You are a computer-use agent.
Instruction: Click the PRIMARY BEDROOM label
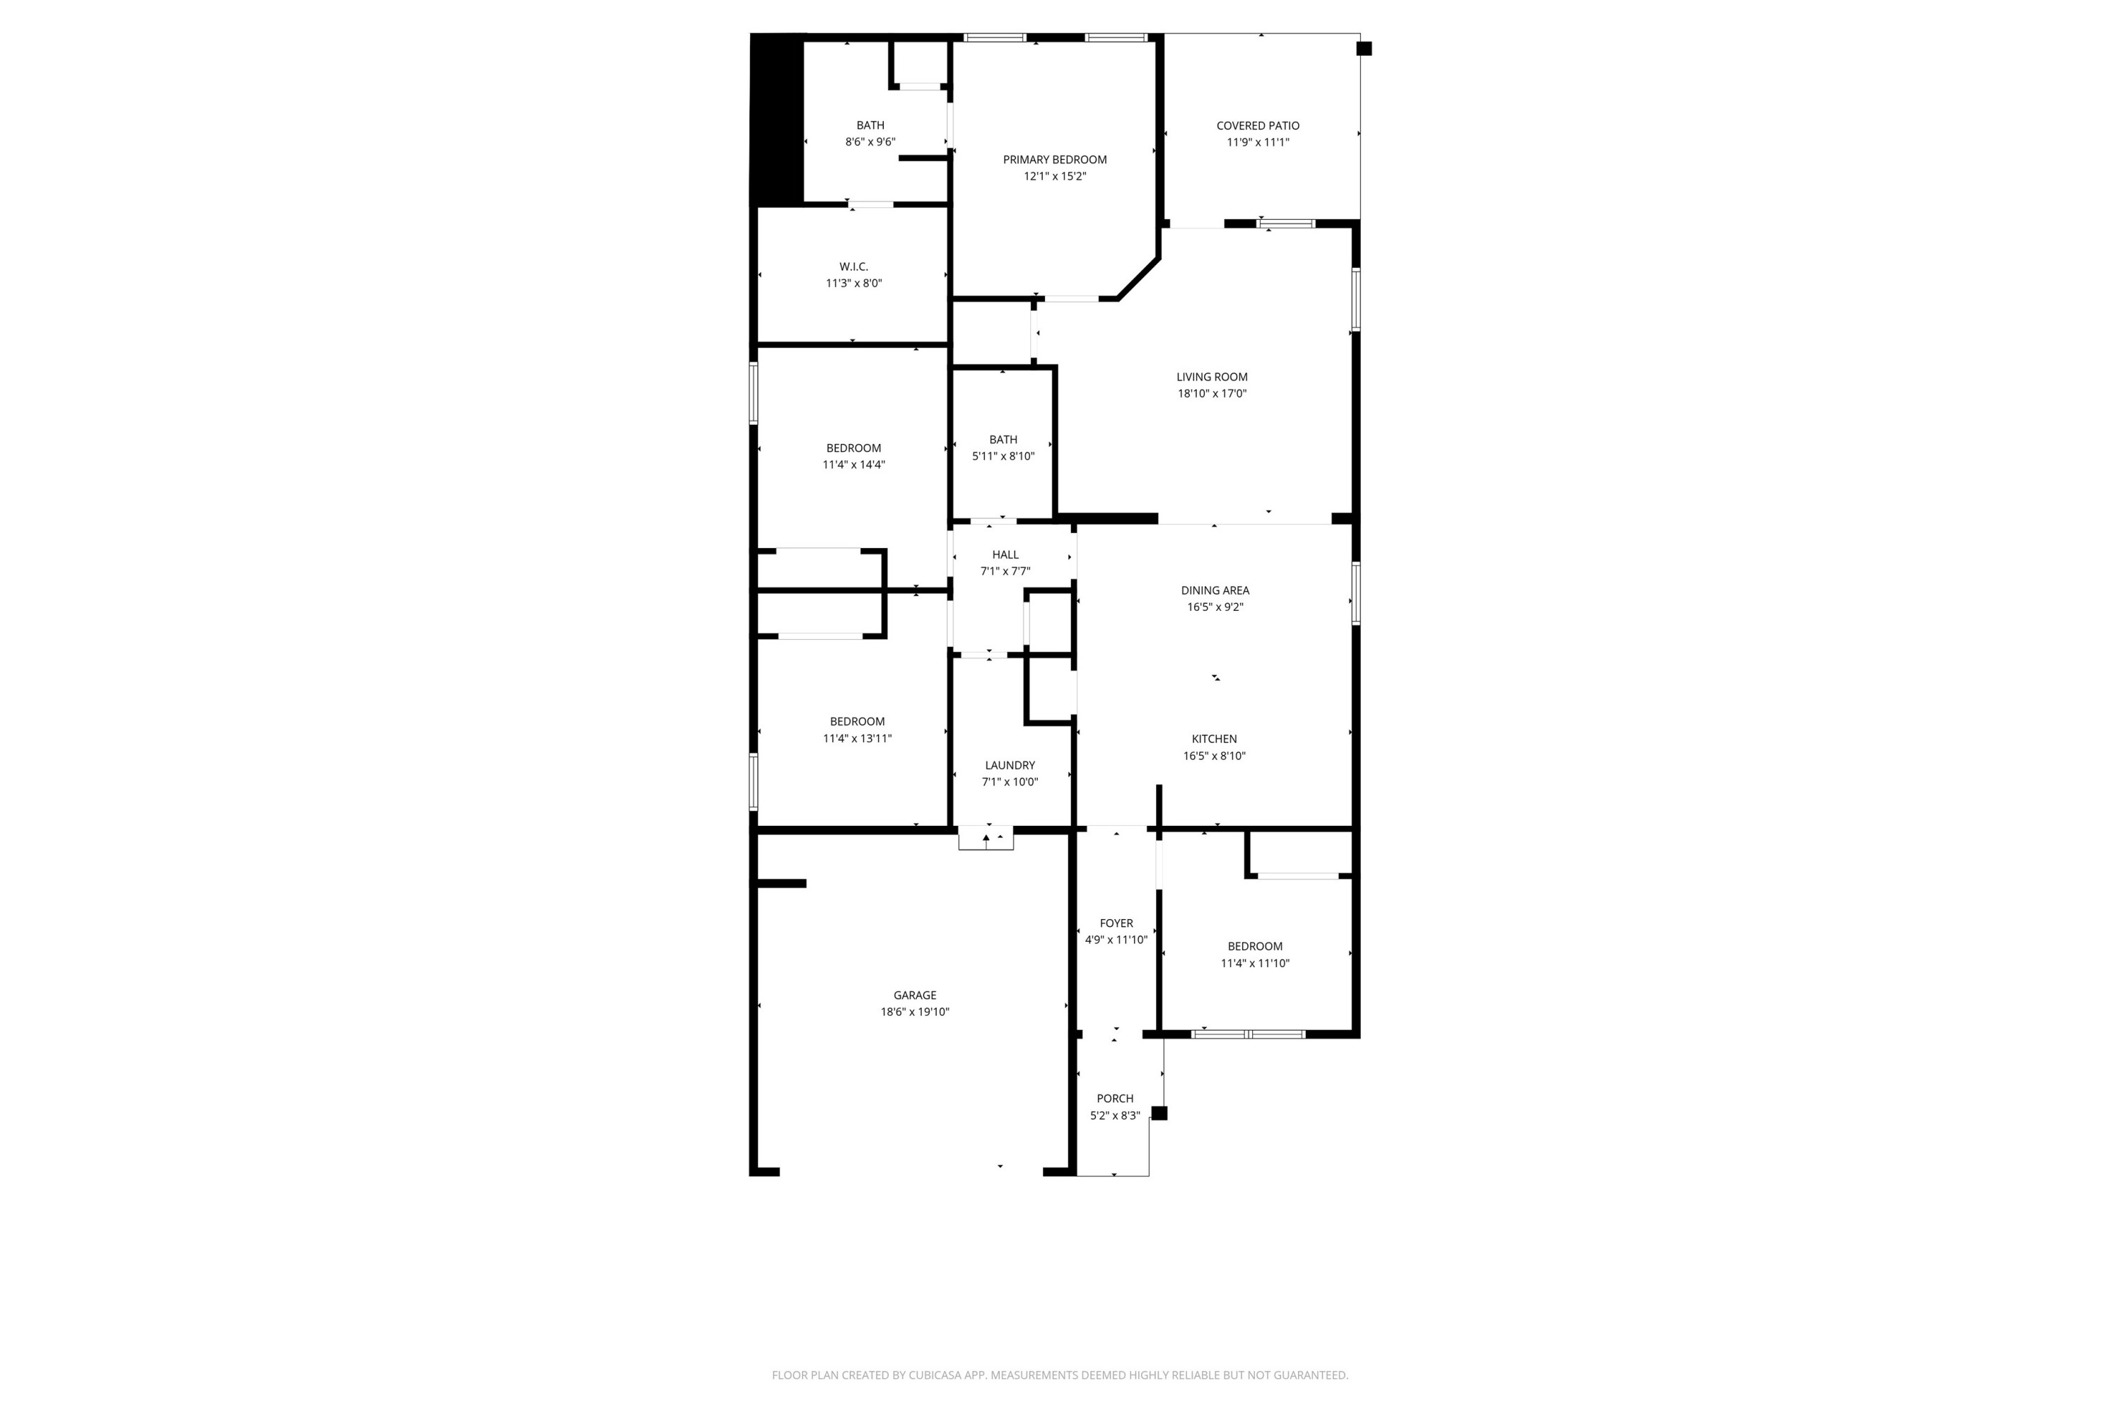tap(1054, 160)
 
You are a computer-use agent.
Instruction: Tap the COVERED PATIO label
tap(1257, 125)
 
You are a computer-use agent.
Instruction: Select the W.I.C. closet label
tap(853, 267)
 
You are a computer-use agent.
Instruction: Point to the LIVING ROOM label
tap(1211, 377)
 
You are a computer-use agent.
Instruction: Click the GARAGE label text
tap(914, 995)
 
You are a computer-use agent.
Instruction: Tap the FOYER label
tap(1116, 923)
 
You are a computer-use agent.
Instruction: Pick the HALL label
tap(1005, 554)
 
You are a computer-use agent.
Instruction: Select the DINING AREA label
tap(1215, 590)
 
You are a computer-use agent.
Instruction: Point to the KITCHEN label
tap(1214, 739)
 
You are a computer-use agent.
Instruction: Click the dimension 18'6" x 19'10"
tap(914, 1012)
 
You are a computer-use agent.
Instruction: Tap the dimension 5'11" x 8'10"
tap(1003, 456)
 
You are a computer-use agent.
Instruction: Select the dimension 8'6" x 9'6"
tap(870, 141)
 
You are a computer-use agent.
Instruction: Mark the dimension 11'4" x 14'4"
tap(853, 465)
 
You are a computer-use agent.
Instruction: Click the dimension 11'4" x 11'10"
tap(1254, 963)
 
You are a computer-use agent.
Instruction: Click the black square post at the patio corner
tap(1364, 49)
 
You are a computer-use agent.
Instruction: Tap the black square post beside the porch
tap(1159, 1113)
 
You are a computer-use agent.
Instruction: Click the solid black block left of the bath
tap(777, 119)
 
